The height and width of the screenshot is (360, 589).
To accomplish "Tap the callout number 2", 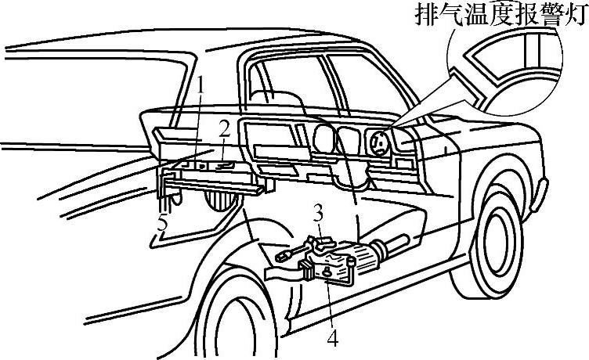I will [x=224, y=128].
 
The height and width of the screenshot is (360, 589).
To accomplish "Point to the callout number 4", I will [x=333, y=339].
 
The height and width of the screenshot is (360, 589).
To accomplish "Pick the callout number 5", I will [x=162, y=224].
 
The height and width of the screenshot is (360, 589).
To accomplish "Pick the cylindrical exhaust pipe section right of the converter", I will [x=367, y=255].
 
